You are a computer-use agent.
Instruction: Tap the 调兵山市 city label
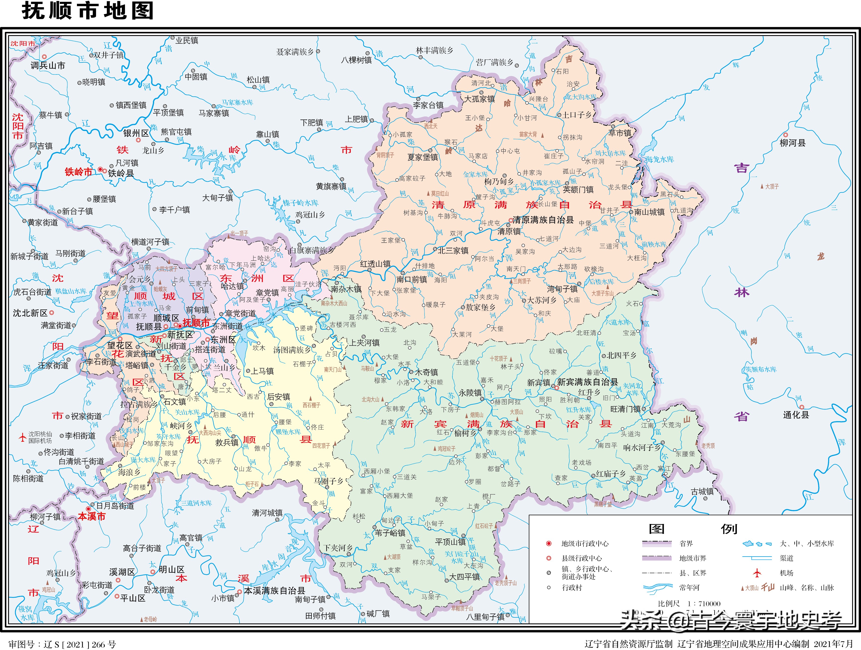48,66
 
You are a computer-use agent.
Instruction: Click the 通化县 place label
796,415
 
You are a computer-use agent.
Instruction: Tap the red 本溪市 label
92,517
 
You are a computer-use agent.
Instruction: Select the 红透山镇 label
375,264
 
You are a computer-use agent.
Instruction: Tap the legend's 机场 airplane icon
757,573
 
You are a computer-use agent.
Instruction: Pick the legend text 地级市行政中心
585,544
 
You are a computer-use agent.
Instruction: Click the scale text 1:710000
704,604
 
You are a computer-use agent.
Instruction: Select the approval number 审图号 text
62,645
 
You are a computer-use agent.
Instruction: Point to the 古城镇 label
702,492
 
